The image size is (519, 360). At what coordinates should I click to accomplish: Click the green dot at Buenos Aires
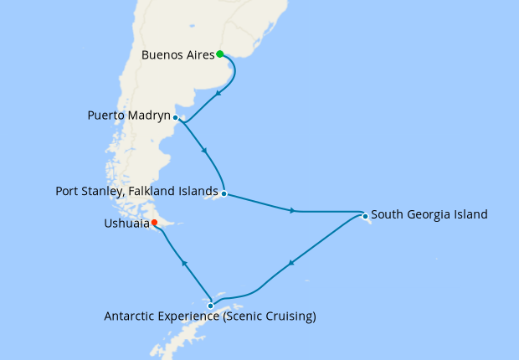pyautogui.click(x=219, y=54)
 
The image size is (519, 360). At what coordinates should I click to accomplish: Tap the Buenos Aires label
pyautogui.click(x=178, y=56)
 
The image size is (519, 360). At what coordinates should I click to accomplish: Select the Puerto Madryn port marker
pyautogui.click(x=175, y=118)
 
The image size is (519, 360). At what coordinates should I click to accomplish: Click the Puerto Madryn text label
pyautogui.click(x=128, y=115)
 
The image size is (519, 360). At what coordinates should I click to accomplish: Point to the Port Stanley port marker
pyautogui.click(x=224, y=193)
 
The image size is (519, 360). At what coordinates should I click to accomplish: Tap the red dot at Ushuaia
pyautogui.click(x=154, y=222)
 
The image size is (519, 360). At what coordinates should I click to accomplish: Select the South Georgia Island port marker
pyautogui.click(x=366, y=217)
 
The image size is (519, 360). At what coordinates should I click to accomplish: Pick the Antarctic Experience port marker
pyautogui.click(x=210, y=306)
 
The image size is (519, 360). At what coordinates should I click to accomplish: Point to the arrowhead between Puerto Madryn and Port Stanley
pyautogui.click(x=205, y=152)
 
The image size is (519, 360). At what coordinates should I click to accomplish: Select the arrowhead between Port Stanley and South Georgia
pyautogui.click(x=292, y=211)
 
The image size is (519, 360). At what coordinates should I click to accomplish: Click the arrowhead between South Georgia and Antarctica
pyautogui.click(x=290, y=264)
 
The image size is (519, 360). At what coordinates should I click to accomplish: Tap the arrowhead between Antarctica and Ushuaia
pyautogui.click(x=185, y=264)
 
